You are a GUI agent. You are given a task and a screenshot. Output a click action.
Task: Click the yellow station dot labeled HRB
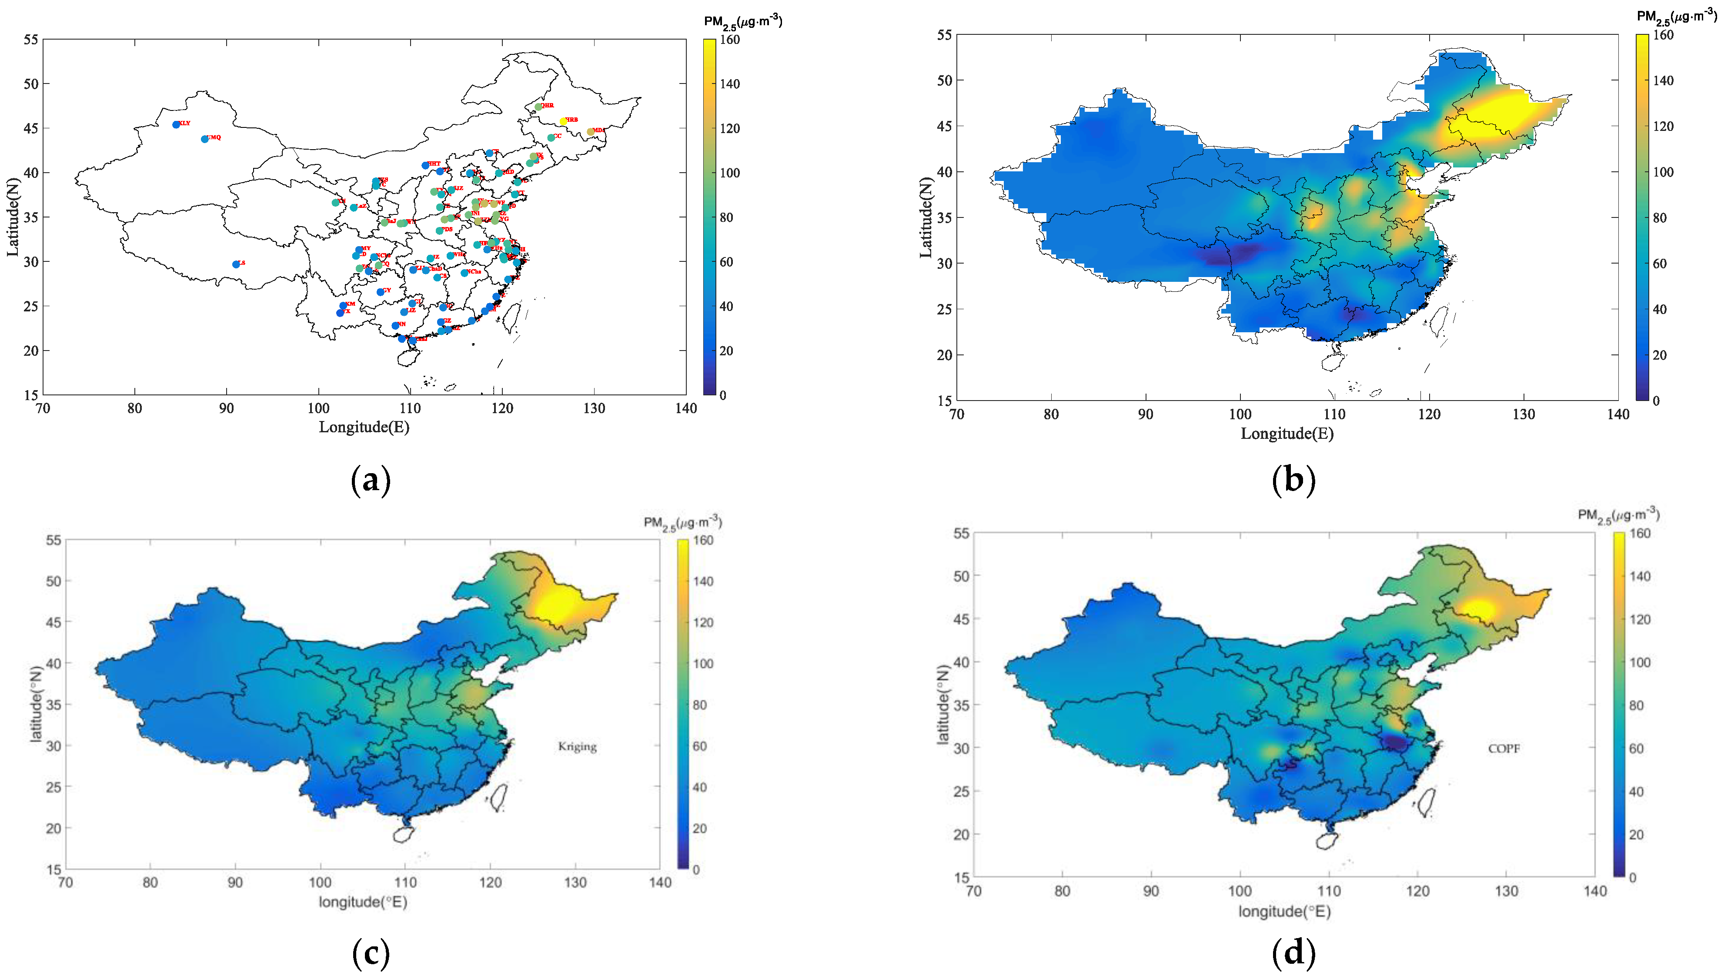tap(563, 121)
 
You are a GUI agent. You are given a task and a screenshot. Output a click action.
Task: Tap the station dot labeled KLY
tap(176, 124)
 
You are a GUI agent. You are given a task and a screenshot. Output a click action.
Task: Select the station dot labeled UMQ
tap(205, 139)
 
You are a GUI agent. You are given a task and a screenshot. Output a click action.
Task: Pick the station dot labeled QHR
tap(538, 106)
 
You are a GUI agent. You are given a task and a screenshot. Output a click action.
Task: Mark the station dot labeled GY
tap(381, 292)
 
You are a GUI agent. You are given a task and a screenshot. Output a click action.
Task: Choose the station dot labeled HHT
tap(425, 165)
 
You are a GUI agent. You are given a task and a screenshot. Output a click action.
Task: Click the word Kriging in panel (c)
tap(577, 746)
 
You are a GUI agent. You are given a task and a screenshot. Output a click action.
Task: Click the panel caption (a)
tap(371, 480)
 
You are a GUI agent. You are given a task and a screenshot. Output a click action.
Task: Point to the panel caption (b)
tap(1293, 480)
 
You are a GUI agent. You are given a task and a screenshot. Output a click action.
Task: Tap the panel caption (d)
tap(1293, 953)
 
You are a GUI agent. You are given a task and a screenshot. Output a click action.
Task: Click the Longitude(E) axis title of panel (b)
tap(1287, 434)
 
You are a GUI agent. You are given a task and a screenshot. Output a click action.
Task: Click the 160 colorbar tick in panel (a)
tap(729, 40)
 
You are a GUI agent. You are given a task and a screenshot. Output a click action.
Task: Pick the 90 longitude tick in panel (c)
tap(235, 882)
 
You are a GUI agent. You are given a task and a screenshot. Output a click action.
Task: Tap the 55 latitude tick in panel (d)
tap(961, 533)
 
